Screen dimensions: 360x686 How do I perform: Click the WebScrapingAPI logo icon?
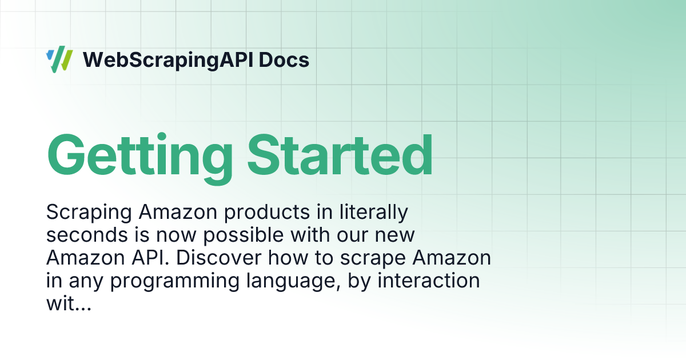[x=59, y=60]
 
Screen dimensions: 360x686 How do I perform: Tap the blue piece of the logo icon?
[x=50, y=55]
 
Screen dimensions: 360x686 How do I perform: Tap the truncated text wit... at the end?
[x=68, y=304]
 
